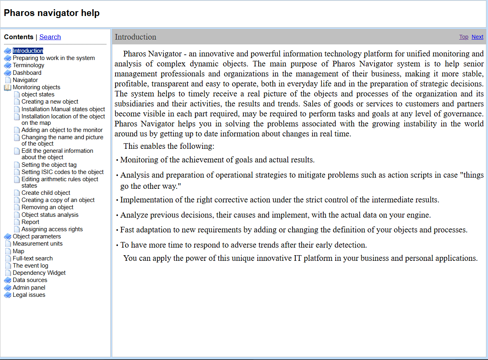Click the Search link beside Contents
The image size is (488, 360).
click(x=50, y=37)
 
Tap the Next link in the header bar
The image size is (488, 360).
click(x=477, y=37)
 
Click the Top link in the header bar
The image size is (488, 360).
click(x=464, y=37)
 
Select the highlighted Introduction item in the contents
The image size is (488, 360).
click(x=28, y=51)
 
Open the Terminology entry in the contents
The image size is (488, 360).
click(x=28, y=65)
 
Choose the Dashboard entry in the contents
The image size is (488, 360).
click(x=27, y=73)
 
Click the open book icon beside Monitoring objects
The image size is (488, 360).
click(x=8, y=87)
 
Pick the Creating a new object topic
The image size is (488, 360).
click(x=50, y=102)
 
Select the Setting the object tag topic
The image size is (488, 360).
click(x=49, y=165)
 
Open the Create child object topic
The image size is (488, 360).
click(x=46, y=193)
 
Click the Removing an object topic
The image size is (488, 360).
click(x=48, y=207)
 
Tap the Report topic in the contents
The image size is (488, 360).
click(x=30, y=222)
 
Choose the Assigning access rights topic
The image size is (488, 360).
click(x=52, y=229)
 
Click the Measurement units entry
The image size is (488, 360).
click(x=38, y=244)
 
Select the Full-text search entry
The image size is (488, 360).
click(x=33, y=258)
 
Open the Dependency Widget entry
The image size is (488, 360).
click(x=39, y=273)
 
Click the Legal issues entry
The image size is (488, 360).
click(x=29, y=295)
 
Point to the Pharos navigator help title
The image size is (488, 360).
click(x=52, y=13)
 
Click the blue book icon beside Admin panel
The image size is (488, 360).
click(x=8, y=288)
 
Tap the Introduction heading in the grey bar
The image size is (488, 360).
click(x=135, y=37)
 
